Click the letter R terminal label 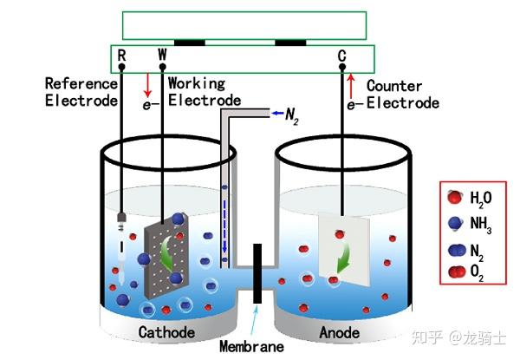[121, 56]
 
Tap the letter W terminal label [162, 54]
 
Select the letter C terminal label [342, 56]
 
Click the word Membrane [251, 347]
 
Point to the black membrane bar [257, 274]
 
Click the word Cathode [166, 332]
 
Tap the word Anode [340, 333]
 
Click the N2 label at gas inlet [292, 116]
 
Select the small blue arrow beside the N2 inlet [277, 114]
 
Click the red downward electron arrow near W [147, 85]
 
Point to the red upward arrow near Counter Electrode [351, 87]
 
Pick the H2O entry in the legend [470, 198]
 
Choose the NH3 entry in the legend [470, 224]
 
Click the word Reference [81, 83]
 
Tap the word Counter [394, 86]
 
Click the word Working [197, 83]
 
